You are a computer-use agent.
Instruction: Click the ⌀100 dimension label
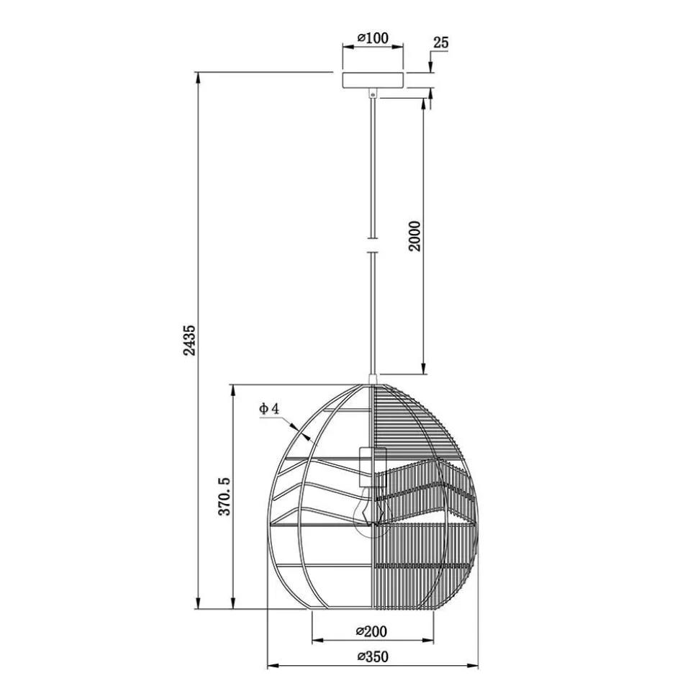pos(373,38)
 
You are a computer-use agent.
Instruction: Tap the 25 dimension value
pos(441,42)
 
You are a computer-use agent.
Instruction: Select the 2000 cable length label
pos(414,236)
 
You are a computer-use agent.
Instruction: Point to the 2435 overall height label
pos(190,340)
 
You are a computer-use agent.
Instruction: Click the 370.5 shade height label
pos(225,497)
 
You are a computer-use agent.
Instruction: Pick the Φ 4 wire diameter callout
pos(269,409)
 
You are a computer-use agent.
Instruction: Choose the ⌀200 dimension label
pos(372,631)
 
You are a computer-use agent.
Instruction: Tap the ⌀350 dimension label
pos(373,657)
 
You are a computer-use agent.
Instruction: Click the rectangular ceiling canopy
pos(373,80)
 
